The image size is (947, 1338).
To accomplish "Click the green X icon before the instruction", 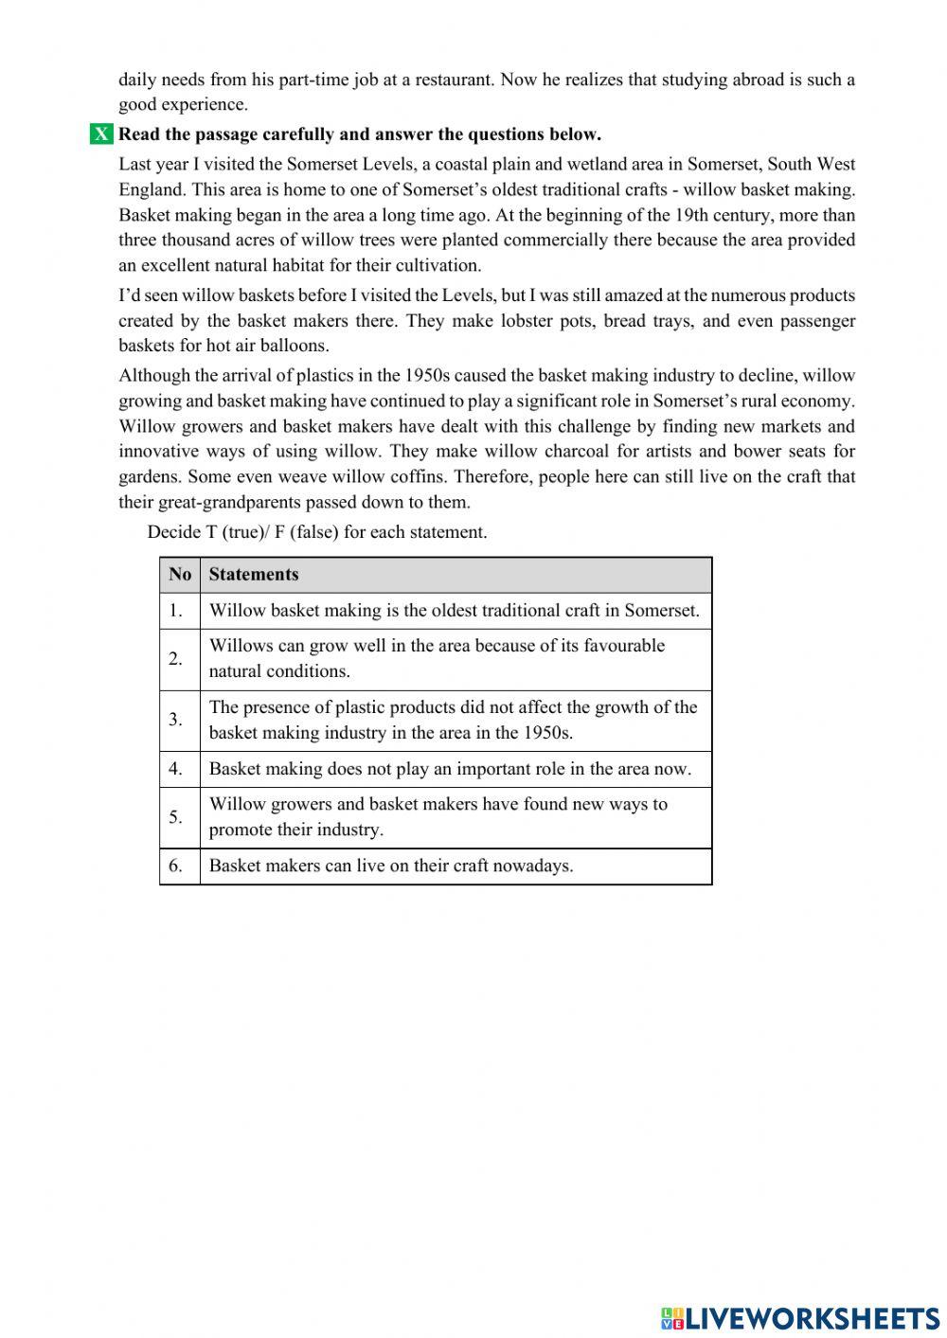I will [101, 134].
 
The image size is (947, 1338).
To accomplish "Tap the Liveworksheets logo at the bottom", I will [800, 1317].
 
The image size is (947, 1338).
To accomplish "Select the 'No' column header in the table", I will [180, 575].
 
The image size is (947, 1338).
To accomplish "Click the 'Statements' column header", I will [254, 575].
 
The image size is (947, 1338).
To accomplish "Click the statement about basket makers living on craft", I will [391, 865].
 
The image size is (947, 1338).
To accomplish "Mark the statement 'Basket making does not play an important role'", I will [450, 769].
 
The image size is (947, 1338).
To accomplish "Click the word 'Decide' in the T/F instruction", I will [174, 532].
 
